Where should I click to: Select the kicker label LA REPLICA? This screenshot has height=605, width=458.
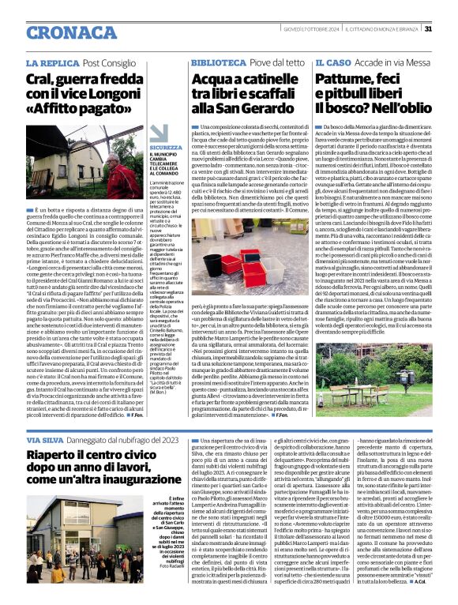(x=52, y=62)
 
